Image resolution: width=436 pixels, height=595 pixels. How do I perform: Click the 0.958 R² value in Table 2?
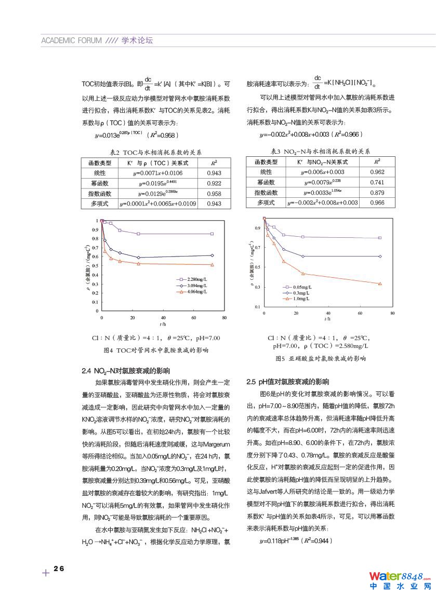[214, 193]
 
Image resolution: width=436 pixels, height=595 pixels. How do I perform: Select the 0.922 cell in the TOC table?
[214, 183]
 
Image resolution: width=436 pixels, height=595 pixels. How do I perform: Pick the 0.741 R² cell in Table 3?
[377, 182]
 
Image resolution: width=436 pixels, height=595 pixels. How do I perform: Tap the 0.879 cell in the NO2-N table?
[377, 193]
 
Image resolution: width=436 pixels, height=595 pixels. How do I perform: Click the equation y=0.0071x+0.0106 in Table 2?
[158, 173]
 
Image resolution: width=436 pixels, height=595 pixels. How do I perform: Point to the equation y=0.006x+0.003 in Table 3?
[323, 172]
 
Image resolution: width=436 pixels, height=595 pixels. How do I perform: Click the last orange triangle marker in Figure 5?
[380, 283]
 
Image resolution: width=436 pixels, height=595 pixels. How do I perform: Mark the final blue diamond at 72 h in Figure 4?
[212, 255]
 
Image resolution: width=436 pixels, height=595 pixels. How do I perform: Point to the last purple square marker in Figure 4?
[212, 234]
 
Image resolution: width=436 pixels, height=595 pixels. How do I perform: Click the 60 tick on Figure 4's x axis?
[193, 317]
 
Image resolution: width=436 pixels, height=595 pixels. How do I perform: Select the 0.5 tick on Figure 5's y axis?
[258, 267]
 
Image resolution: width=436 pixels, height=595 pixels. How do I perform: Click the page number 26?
[59, 569]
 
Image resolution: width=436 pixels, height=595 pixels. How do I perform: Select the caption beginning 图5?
[321, 358]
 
